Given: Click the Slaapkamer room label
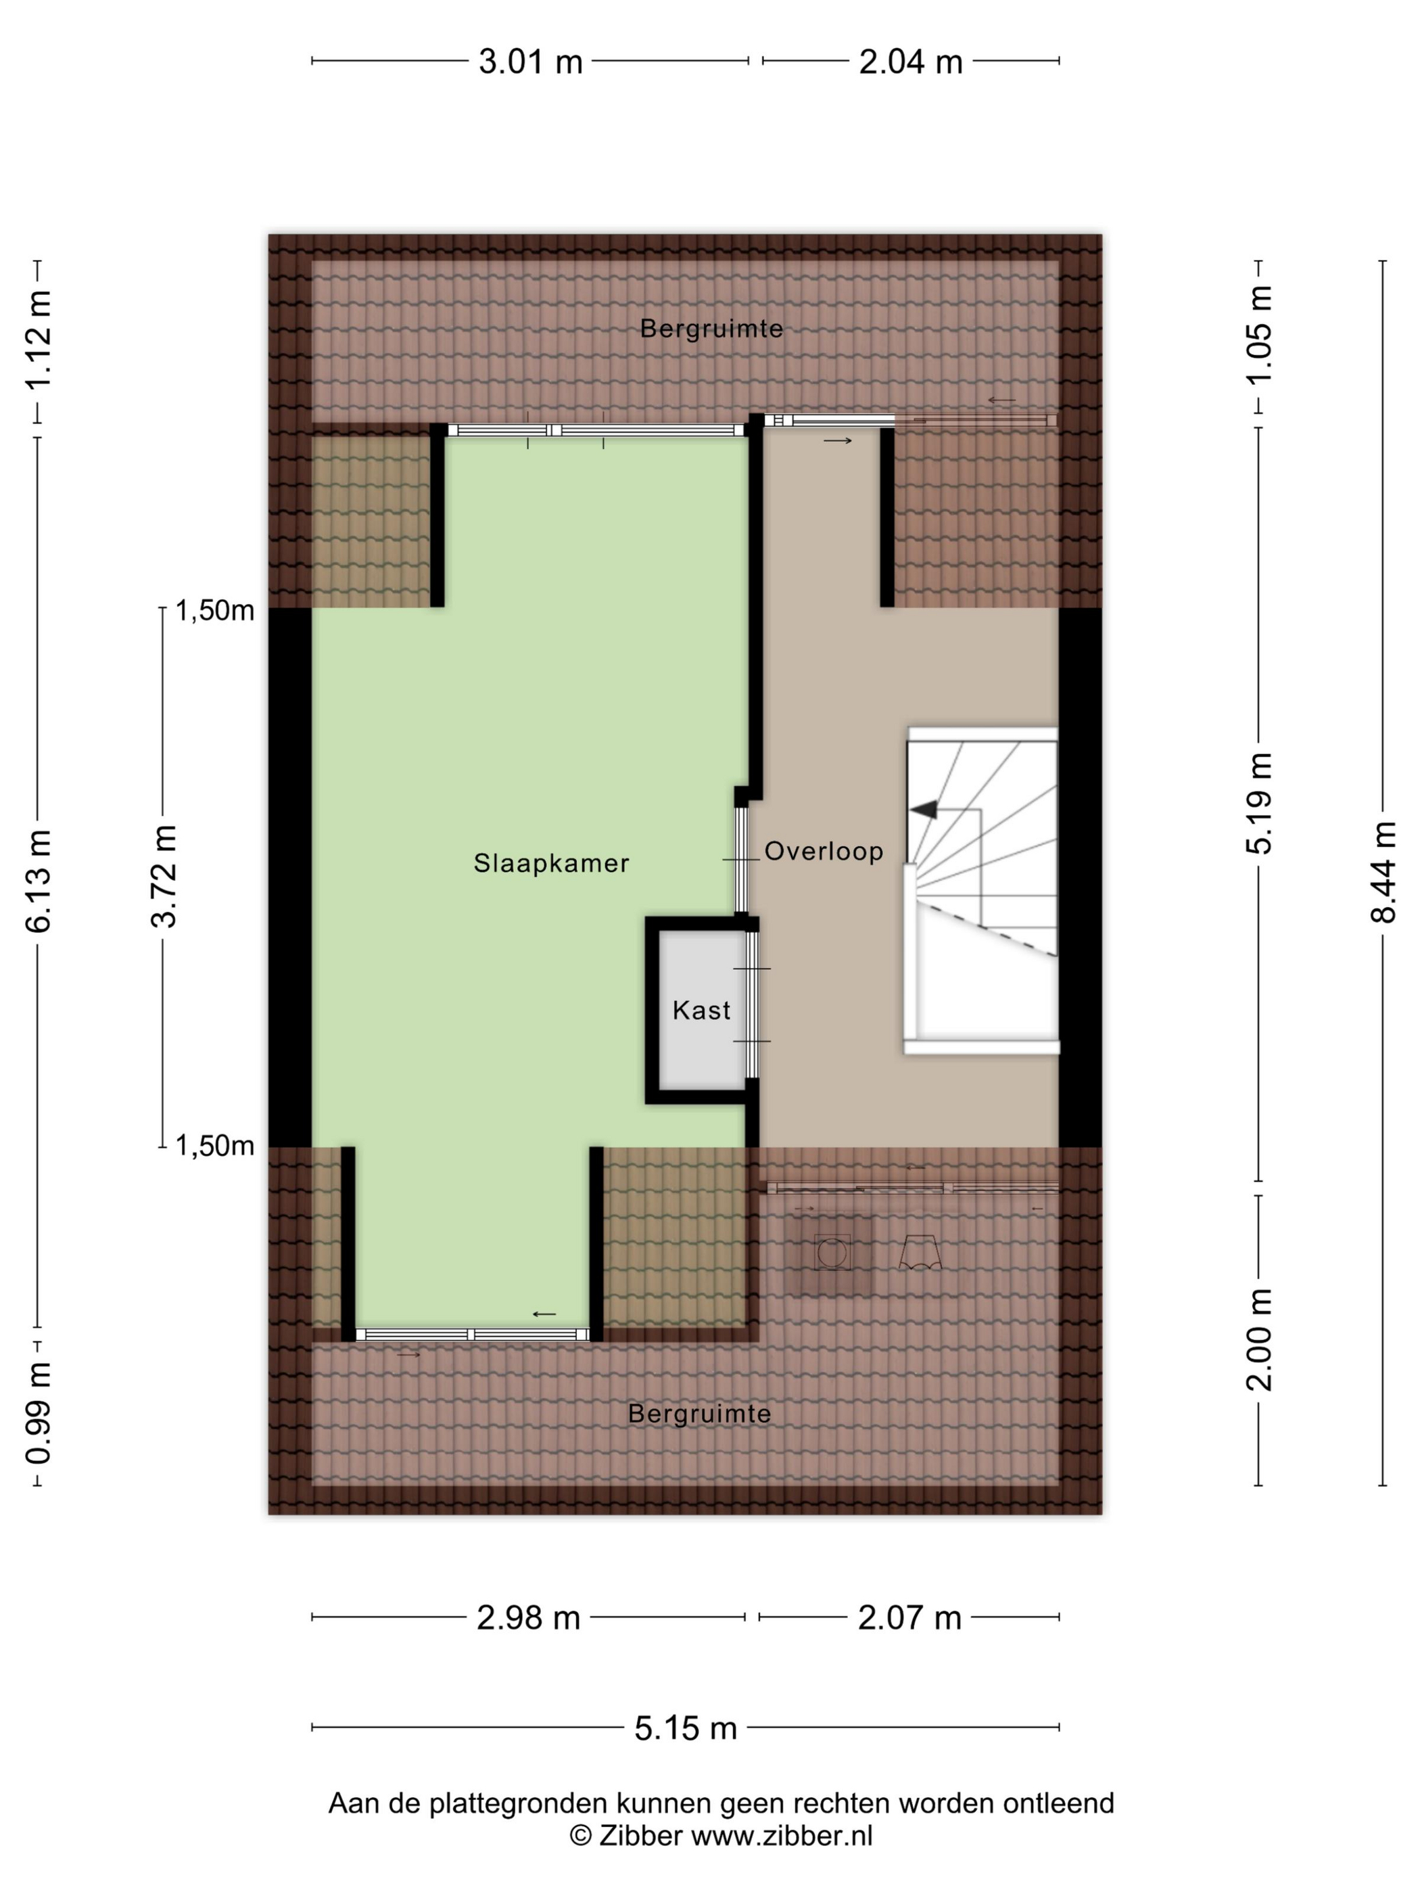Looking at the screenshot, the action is (551, 863).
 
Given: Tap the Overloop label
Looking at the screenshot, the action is (824, 851).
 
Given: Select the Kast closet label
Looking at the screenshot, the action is (701, 1011).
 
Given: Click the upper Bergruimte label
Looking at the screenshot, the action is (711, 329).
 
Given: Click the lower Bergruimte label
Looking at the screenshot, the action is (699, 1414).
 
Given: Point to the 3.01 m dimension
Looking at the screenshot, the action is (531, 62).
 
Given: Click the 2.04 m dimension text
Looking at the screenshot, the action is (911, 62).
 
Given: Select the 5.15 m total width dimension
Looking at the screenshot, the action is (686, 1728).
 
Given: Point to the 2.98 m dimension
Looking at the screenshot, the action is (528, 1617).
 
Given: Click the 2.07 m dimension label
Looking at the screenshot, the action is (910, 1617).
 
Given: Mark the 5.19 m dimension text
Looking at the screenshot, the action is (1259, 803).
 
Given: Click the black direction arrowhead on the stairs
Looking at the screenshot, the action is (924, 809).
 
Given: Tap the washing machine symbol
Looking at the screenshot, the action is (831, 1253).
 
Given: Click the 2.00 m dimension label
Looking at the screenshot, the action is (1259, 1340).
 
